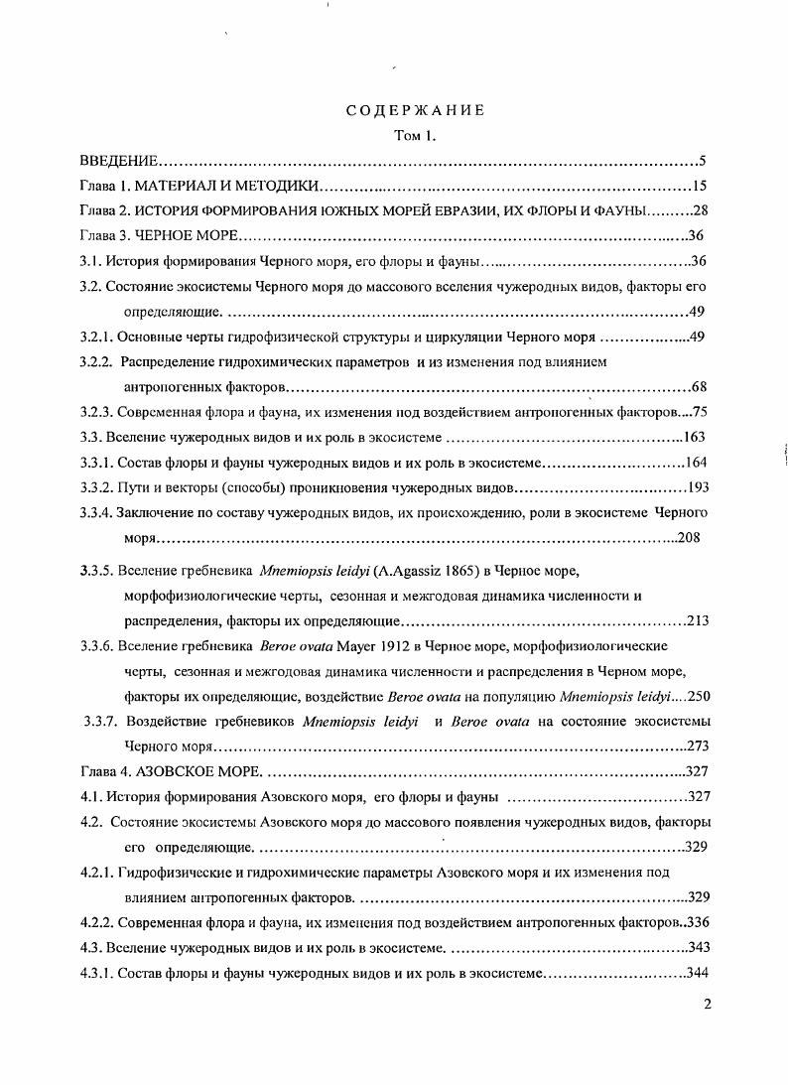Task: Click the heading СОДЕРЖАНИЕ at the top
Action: tap(415, 110)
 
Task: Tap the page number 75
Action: tap(698, 412)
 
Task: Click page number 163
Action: tap(694, 437)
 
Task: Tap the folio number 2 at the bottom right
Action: tap(707, 1004)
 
